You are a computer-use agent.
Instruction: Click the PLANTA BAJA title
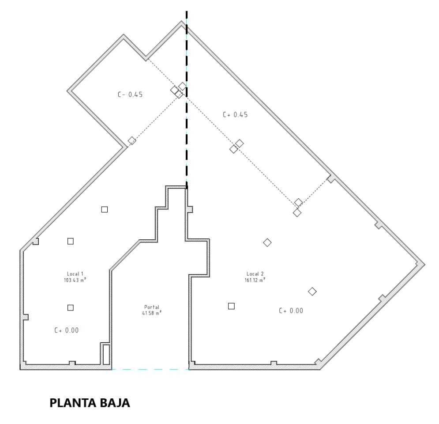click(x=90, y=403)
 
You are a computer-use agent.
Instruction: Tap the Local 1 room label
click(x=75, y=274)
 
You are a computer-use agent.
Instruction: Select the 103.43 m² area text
click(x=75, y=280)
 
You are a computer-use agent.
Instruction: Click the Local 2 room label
click(x=255, y=274)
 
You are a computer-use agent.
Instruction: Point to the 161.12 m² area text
click(x=255, y=280)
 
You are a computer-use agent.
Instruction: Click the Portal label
click(x=152, y=307)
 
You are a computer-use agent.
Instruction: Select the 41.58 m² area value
click(x=152, y=313)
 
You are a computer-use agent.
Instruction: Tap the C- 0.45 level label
click(x=130, y=95)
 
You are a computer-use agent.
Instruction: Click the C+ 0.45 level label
click(x=235, y=115)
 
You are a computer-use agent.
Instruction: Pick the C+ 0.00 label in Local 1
click(x=66, y=330)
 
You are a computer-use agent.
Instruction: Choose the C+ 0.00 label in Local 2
click(x=291, y=310)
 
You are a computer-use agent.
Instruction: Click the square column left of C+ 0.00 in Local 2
click(x=231, y=306)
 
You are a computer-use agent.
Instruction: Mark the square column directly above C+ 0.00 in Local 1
click(x=71, y=308)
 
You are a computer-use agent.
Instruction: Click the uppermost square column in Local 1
click(x=105, y=209)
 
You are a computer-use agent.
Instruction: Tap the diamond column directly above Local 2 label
click(x=267, y=242)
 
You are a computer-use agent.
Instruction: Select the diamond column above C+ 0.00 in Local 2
click(x=312, y=291)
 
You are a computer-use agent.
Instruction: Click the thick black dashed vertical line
click(x=187, y=100)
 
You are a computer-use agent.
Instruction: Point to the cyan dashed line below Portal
click(x=150, y=370)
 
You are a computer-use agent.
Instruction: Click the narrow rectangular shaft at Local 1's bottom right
click(x=106, y=354)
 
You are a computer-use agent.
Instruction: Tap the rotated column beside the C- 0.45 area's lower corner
click(x=132, y=140)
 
